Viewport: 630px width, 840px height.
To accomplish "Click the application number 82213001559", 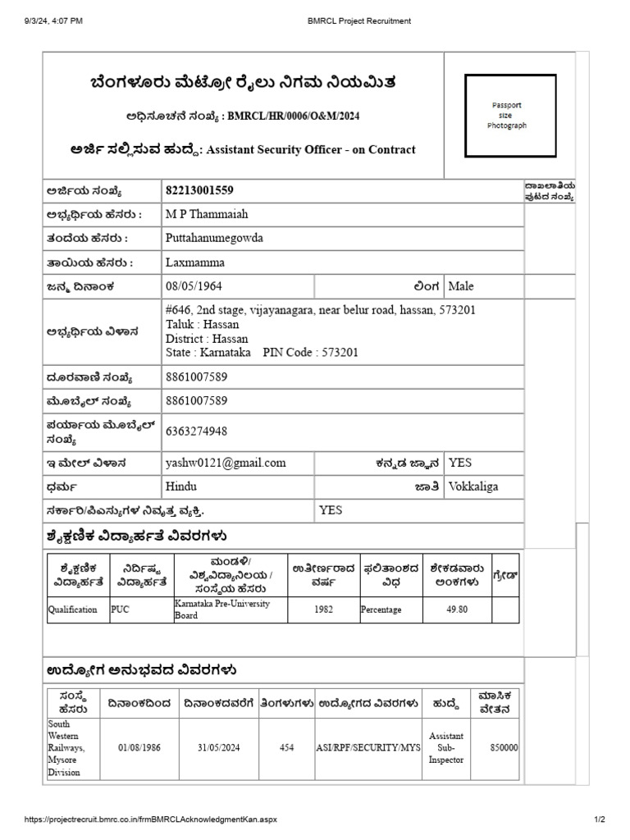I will click(x=199, y=190).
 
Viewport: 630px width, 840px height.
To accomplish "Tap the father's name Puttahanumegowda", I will click(x=214, y=238).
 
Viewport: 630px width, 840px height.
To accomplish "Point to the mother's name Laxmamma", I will click(x=194, y=262).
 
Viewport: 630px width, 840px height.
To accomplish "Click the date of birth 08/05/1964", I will click(x=194, y=286).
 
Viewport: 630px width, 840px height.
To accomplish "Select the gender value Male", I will click(x=461, y=286).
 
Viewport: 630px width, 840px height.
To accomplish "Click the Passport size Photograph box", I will click(x=506, y=115).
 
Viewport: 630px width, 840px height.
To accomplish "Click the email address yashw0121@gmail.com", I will click(x=226, y=463).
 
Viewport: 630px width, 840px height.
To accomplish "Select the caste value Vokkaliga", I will click(x=473, y=486).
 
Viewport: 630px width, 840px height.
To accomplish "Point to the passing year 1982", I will click(x=323, y=609).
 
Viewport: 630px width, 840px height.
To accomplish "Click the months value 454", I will click(x=286, y=748).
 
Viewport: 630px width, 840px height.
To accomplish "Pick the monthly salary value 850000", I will click(x=504, y=748).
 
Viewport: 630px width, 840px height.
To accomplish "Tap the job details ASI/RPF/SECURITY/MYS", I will click(x=368, y=748).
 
